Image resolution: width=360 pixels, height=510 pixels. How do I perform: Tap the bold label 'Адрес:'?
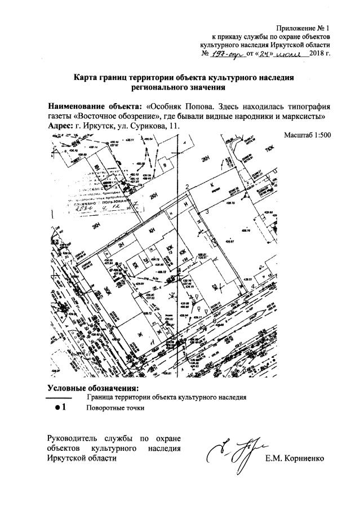[x=60, y=126]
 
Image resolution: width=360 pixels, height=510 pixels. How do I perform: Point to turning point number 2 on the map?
[x=186, y=187]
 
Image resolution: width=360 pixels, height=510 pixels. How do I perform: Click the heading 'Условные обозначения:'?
[x=92, y=388]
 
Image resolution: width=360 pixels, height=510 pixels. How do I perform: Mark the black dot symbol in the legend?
[x=57, y=408]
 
